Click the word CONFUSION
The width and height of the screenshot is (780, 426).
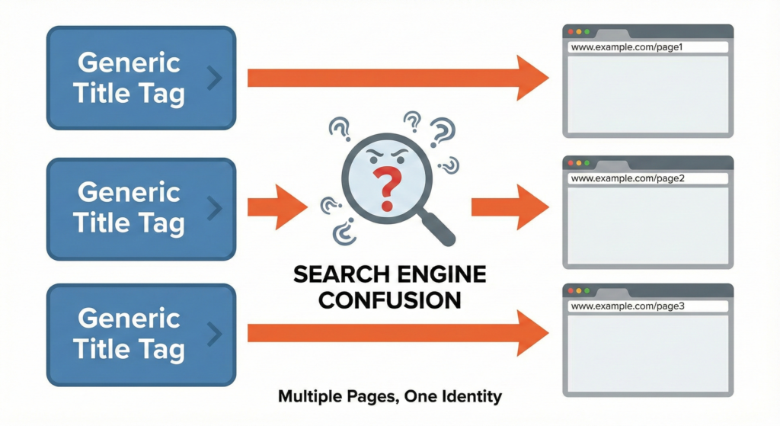coord(389,299)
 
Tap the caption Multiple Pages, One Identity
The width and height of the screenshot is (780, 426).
coord(390,396)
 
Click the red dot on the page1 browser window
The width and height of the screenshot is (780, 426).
coord(570,32)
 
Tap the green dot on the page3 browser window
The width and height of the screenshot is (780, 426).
coord(587,291)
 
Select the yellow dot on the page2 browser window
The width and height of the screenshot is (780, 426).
coord(579,163)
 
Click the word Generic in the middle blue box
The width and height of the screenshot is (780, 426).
coord(129,192)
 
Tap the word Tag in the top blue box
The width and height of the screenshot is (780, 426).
coord(162,94)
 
